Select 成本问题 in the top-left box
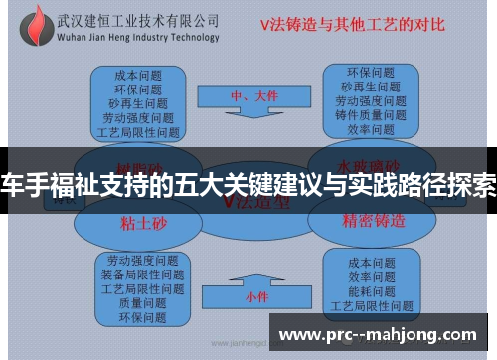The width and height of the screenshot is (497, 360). [139, 73]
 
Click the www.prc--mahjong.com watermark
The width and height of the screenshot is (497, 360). [383, 334]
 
